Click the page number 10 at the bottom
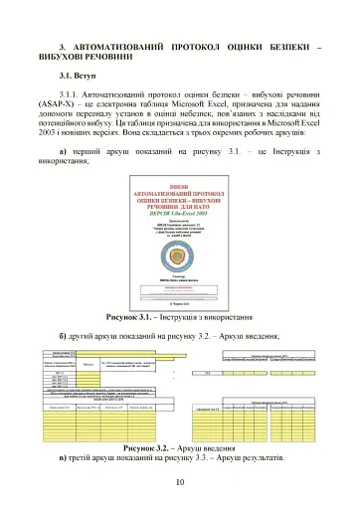(x=179, y=483)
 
